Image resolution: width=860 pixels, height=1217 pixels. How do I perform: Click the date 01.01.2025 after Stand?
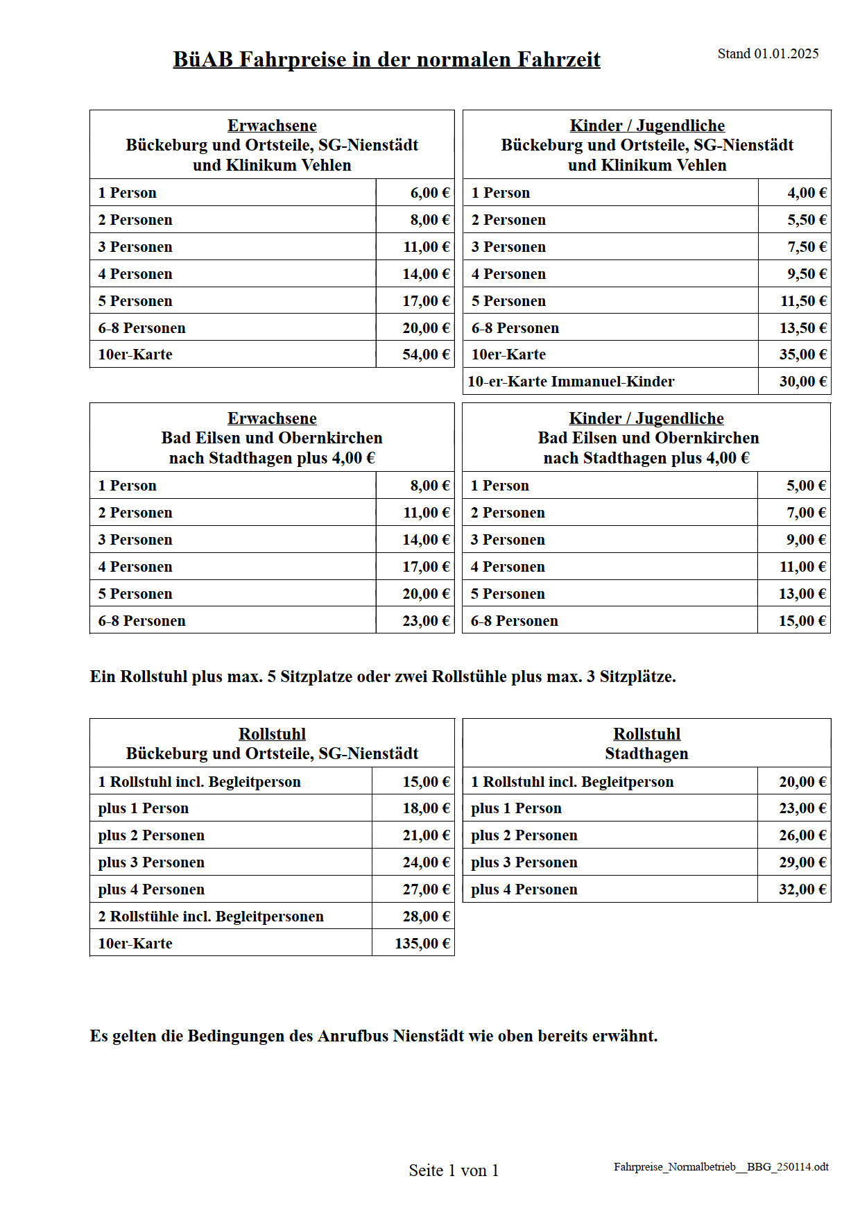[x=786, y=54]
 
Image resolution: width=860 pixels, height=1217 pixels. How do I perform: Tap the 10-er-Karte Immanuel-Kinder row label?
[x=571, y=382]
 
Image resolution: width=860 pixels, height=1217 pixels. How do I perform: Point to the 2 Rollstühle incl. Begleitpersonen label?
[x=211, y=917]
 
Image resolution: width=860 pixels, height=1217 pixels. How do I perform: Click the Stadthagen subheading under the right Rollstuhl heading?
[x=646, y=754]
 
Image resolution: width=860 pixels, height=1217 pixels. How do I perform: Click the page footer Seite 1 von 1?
[x=454, y=1171]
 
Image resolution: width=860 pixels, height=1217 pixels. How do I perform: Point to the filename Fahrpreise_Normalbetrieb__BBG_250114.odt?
[x=721, y=1167]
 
